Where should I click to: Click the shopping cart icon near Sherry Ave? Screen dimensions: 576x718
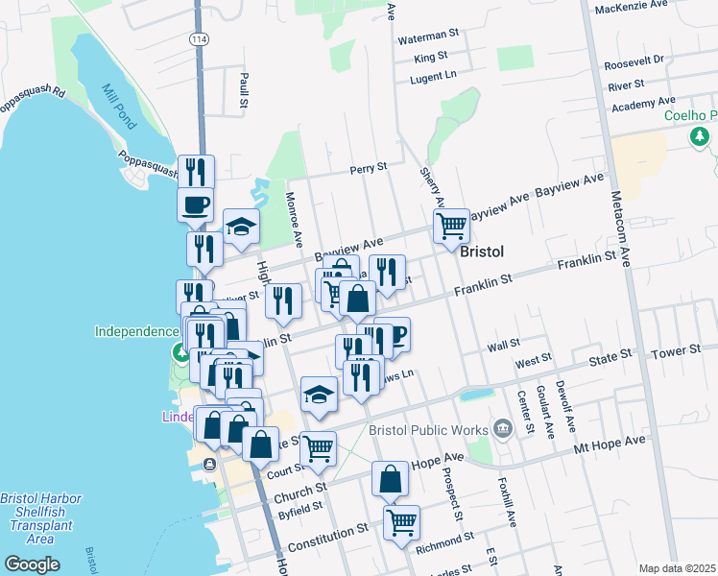(451, 227)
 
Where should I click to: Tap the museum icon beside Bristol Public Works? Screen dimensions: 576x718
(502, 427)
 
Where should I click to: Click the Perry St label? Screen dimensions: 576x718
(368, 167)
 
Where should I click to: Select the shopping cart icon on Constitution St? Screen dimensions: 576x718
(401, 523)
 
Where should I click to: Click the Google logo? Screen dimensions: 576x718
(32, 564)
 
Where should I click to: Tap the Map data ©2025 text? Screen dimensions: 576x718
(677, 568)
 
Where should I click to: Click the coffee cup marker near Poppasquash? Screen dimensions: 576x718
(196, 204)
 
